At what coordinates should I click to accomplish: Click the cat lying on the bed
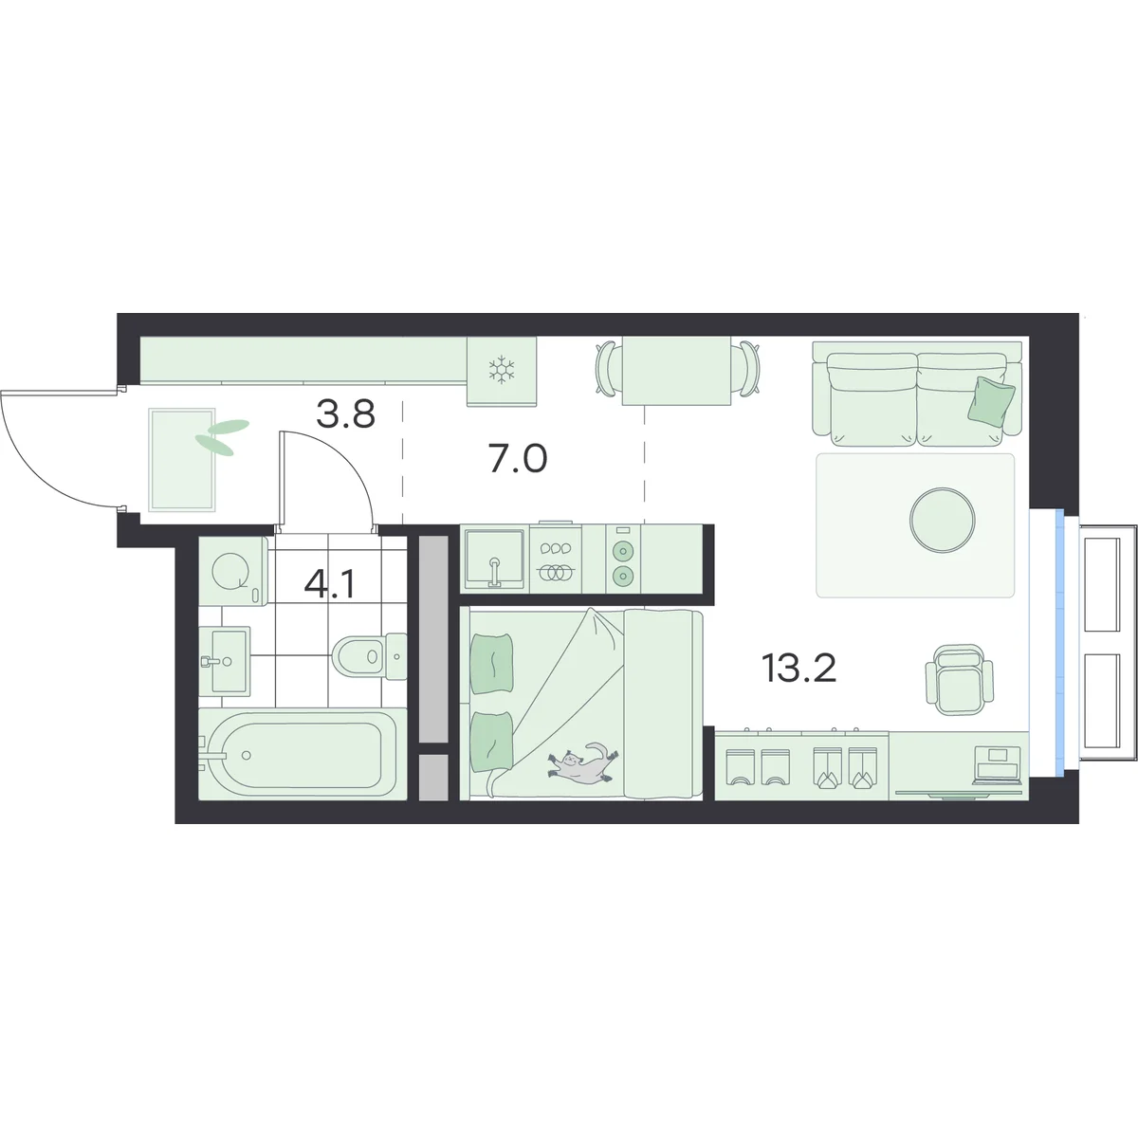coord(583,764)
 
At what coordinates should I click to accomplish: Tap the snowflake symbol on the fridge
coord(502,370)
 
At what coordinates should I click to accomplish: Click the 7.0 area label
coord(518,459)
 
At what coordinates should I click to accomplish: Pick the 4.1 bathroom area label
coord(329,585)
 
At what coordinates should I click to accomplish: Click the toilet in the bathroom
coord(370,655)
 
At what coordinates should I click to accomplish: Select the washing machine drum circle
coord(231,572)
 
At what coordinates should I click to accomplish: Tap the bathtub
coord(303,754)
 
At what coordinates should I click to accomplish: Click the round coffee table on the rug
coord(943,520)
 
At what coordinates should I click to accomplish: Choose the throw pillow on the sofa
coord(992,400)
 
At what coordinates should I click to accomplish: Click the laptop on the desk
coord(998,765)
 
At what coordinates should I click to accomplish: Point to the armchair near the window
coord(960,679)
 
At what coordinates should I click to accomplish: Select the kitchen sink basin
coord(494,559)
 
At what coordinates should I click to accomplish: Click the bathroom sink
coord(225,660)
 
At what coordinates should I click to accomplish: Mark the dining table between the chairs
coord(677,371)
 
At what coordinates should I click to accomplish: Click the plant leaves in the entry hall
coord(222,436)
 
